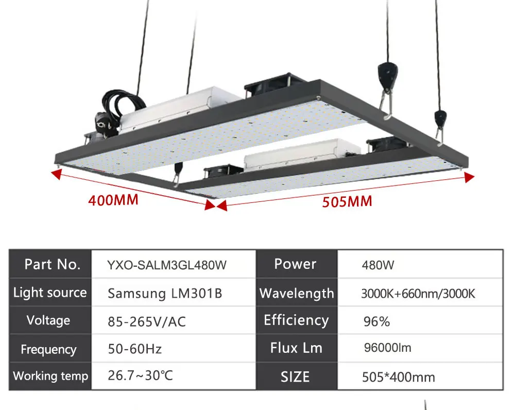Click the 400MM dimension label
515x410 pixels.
tap(113, 199)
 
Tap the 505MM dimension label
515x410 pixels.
tap(347, 201)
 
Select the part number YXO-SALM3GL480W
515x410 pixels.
tap(166, 265)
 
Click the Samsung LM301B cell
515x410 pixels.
tap(165, 294)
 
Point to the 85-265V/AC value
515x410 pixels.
tap(147, 322)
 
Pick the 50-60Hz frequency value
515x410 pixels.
tap(135, 349)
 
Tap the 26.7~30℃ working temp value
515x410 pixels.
tap(141, 375)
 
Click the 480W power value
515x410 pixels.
tap(378, 266)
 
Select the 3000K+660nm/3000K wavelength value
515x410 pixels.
tap(418, 294)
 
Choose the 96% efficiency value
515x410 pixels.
tap(376, 322)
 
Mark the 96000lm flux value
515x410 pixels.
tap(387, 348)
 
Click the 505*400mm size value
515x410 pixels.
tap(399, 377)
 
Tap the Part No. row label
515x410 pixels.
tap(53, 265)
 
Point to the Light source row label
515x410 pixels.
tap(50, 293)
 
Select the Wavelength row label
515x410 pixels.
tap(297, 294)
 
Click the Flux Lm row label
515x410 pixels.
tap(296, 348)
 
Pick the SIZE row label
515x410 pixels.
tap(295, 377)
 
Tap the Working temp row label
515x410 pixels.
tap(50, 376)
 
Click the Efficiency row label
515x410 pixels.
tap(296, 320)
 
